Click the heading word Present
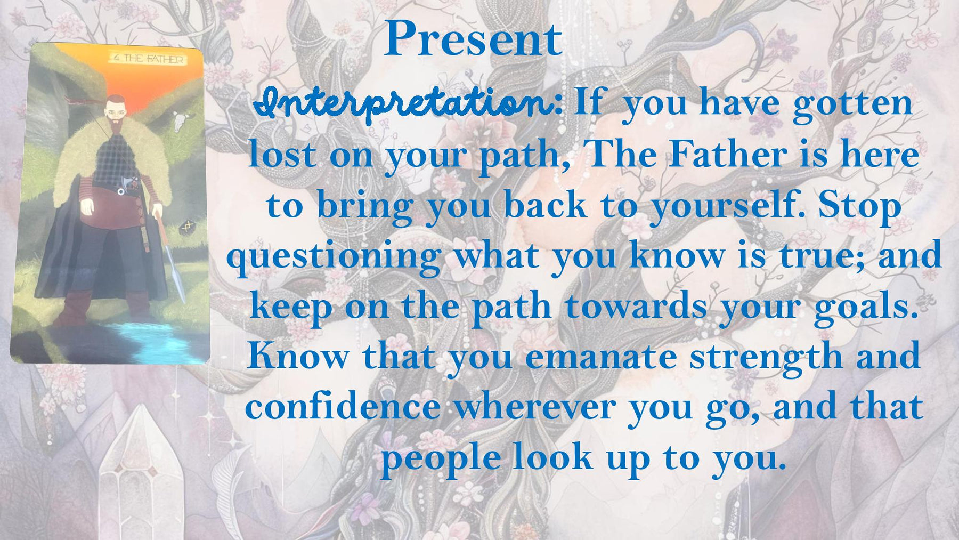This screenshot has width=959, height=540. click(473, 39)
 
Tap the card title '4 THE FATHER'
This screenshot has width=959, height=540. click(149, 59)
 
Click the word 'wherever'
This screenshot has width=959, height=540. click(534, 408)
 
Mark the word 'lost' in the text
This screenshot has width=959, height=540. click(282, 155)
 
